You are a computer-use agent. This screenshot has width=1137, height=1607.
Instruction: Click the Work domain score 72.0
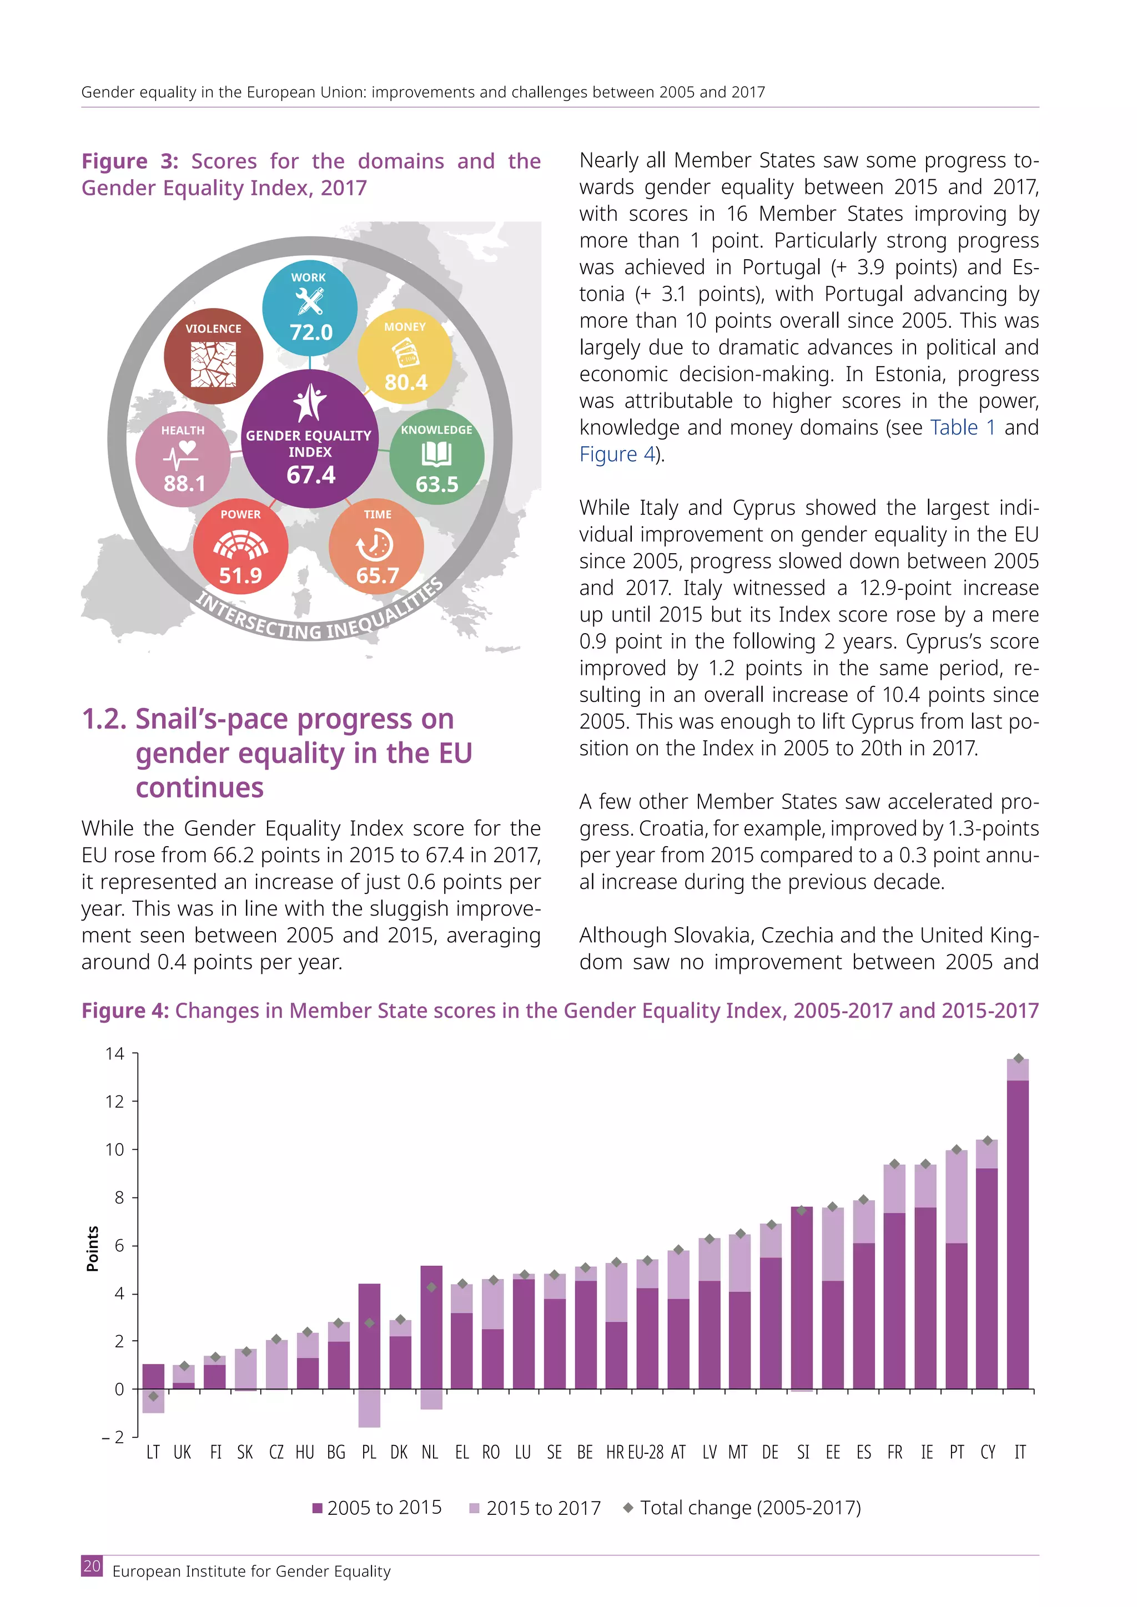[311, 332]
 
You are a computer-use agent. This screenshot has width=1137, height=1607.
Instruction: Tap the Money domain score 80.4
[405, 382]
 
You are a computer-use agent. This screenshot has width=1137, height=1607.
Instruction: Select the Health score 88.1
[184, 483]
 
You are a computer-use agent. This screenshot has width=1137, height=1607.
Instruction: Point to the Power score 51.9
[240, 575]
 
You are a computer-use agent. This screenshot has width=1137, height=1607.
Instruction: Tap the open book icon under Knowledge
[436, 455]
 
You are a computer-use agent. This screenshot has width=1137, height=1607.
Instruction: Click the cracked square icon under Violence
[214, 364]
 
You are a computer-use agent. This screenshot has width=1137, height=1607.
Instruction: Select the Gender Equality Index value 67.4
[310, 474]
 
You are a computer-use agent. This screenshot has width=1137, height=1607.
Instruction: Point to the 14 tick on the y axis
[115, 1053]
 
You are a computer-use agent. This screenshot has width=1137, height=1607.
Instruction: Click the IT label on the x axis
[1020, 1452]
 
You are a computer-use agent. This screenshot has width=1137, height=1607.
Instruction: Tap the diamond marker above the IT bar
[1019, 1058]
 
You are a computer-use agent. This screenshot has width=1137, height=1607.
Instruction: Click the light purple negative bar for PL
[369, 1408]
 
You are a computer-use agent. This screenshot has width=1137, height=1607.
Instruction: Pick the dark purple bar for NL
[431, 1327]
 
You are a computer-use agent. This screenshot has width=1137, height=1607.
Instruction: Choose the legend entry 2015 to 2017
[536, 1508]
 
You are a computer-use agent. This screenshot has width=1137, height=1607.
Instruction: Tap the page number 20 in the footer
[92, 1566]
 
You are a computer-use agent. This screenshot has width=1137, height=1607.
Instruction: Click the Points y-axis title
[92, 1249]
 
